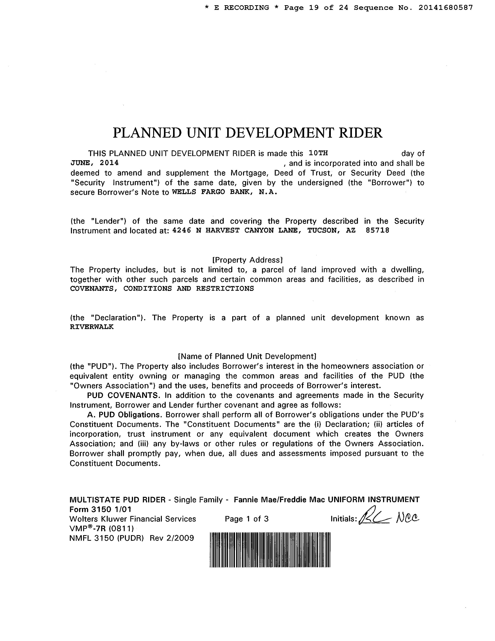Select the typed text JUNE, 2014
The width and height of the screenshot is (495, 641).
(x=94, y=163)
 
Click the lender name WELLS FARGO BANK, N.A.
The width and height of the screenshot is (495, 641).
(x=224, y=192)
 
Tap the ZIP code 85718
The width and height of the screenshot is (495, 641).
(x=377, y=230)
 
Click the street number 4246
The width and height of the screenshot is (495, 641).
(x=182, y=230)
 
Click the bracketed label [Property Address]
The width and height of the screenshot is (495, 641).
(x=247, y=260)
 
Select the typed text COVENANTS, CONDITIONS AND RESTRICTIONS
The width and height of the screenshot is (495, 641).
(x=162, y=289)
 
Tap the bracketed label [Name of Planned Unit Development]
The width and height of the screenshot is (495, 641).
(x=247, y=356)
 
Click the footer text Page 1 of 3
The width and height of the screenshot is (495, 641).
(x=247, y=519)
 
